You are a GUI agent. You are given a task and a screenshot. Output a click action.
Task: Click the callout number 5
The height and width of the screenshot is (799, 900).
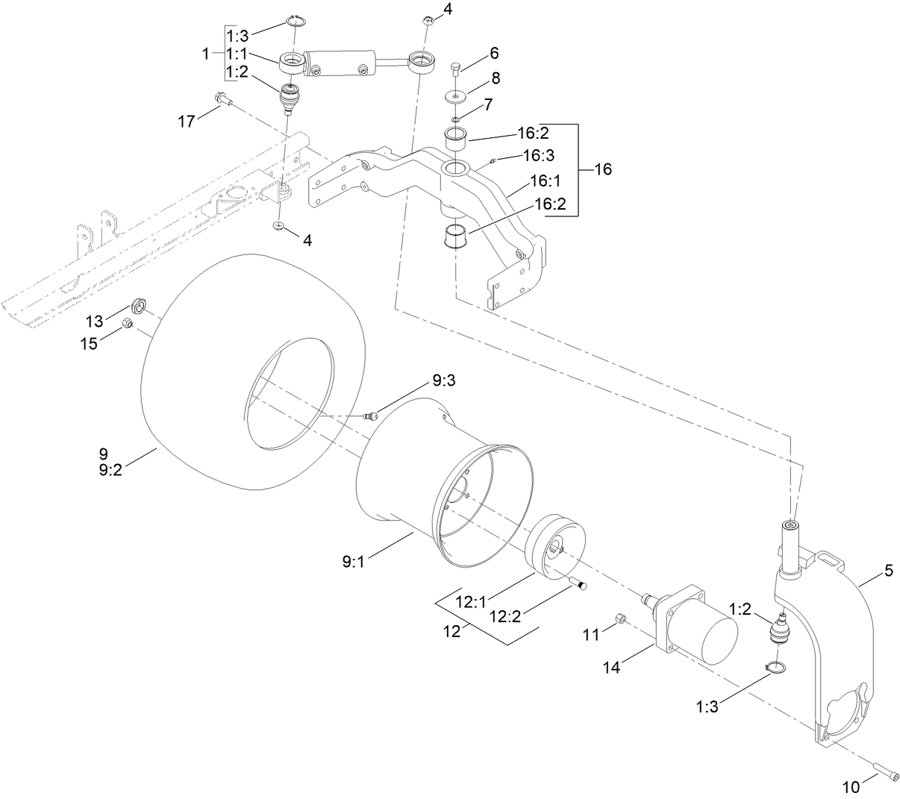[x=889, y=570]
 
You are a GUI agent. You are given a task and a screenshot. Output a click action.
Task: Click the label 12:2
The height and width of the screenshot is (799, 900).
[x=505, y=616]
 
